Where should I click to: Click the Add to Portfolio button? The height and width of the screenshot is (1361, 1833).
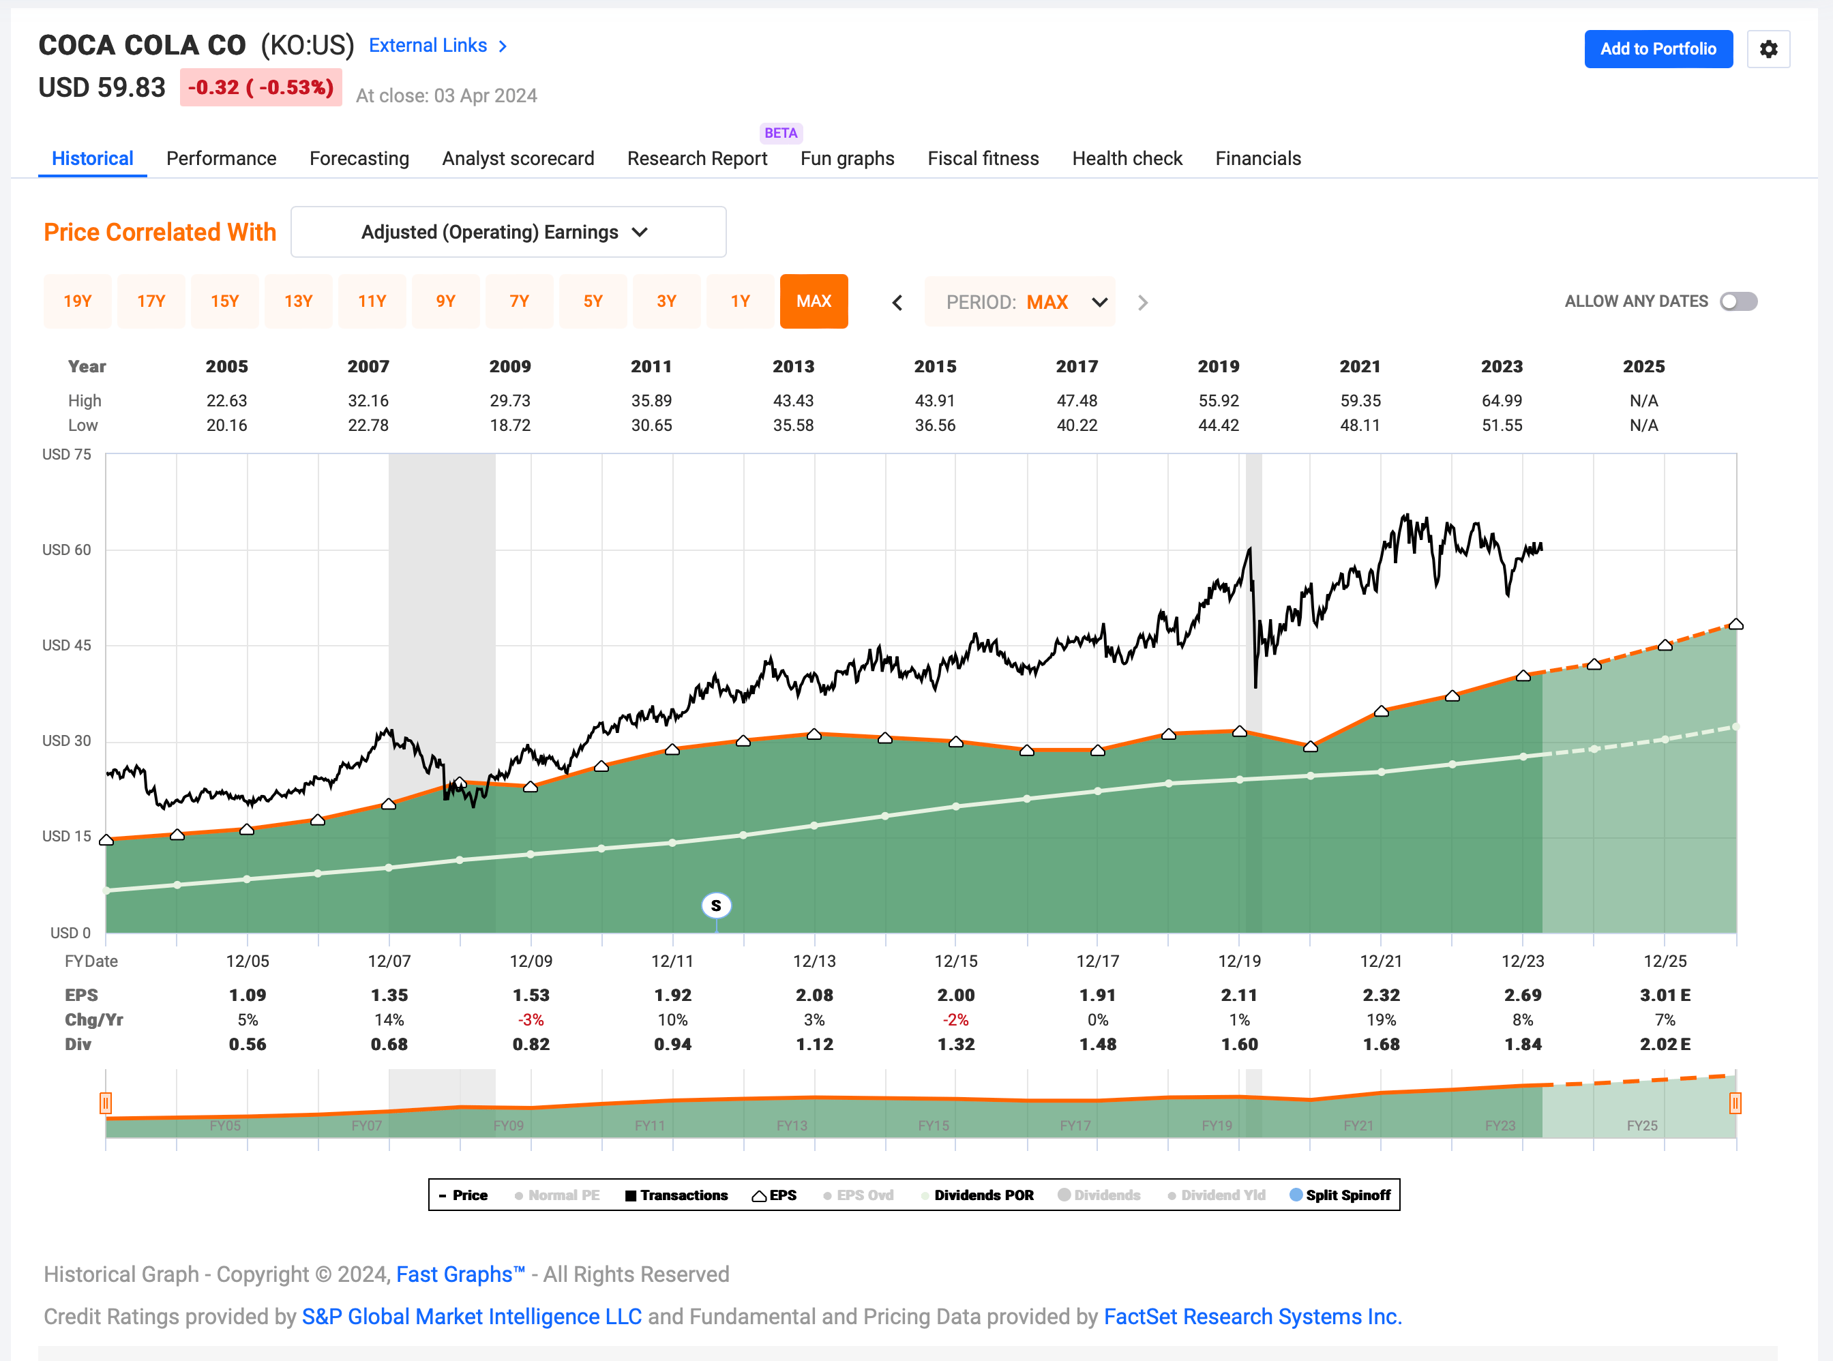1658,48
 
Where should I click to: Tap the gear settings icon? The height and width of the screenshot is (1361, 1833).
1768,49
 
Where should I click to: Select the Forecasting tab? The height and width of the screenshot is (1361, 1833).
359,158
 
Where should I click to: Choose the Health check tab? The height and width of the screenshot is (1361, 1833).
1126,158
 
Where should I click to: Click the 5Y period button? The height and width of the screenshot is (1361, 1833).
593,301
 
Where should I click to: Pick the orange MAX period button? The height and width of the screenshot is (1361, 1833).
813,301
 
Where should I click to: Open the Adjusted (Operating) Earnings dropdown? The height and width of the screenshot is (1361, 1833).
507,233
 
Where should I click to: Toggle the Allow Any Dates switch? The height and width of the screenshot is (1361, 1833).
1738,301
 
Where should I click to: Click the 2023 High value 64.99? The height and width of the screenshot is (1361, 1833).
1501,400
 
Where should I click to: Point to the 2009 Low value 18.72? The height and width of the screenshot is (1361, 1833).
510,425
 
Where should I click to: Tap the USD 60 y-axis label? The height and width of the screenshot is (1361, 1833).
67,550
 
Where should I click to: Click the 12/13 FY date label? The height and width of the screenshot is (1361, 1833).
814,961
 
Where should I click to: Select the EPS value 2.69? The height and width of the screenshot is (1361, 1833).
1523,996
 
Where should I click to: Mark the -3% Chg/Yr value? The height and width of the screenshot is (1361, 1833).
531,1020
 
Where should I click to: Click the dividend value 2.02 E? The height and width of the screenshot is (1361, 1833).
1664,1045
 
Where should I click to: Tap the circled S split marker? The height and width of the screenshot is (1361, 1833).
716,906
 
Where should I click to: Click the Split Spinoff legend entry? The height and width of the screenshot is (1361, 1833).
1341,1195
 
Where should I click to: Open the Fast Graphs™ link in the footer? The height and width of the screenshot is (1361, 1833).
460,1274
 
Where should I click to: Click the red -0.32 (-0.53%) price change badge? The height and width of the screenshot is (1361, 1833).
260,87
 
